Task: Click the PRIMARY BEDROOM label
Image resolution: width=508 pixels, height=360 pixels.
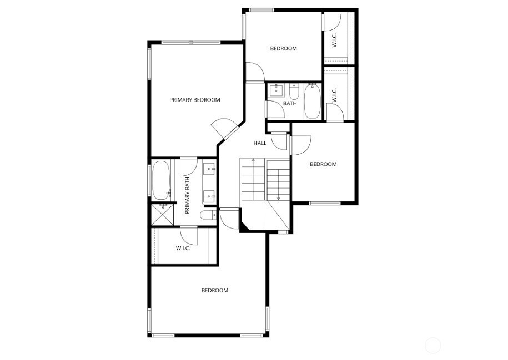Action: [x=194, y=100]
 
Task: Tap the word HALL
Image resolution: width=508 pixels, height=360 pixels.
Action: [x=260, y=143]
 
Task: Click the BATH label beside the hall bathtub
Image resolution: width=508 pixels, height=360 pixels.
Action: [x=290, y=103]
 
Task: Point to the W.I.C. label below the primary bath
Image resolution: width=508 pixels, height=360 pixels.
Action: [x=183, y=248]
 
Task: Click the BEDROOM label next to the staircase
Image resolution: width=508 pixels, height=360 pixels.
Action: [x=323, y=164]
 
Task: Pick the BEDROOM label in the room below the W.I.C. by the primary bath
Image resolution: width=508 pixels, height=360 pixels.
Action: [x=214, y=290]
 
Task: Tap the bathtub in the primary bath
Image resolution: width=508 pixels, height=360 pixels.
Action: [x=162, y=180]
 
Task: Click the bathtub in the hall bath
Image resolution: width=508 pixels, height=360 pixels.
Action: [x=312, y=101]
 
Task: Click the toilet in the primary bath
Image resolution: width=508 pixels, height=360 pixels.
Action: [x=208, y=215]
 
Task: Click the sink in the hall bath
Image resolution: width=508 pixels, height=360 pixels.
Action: [x=276, y=90]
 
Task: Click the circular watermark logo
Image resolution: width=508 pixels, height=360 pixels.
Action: [x=433, y=346]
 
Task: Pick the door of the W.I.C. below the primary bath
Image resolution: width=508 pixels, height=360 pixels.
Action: [x=189, y=234]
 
